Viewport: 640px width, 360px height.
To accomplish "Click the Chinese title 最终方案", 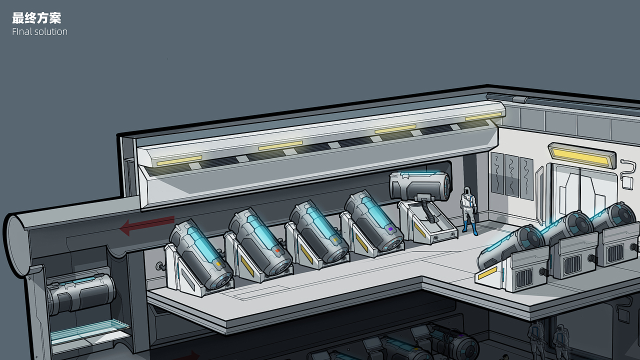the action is pos(36,18).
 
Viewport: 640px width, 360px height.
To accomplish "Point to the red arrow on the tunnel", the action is pos(147,225).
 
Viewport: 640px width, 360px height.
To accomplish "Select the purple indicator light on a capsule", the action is pos(390,229).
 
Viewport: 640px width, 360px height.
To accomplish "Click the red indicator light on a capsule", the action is pos(277,250).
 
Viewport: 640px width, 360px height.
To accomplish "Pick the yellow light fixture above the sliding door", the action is pos(581,155).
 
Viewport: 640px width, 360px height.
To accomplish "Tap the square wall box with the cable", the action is pos(627,183).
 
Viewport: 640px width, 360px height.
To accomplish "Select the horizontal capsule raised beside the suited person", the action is pos(419,185).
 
